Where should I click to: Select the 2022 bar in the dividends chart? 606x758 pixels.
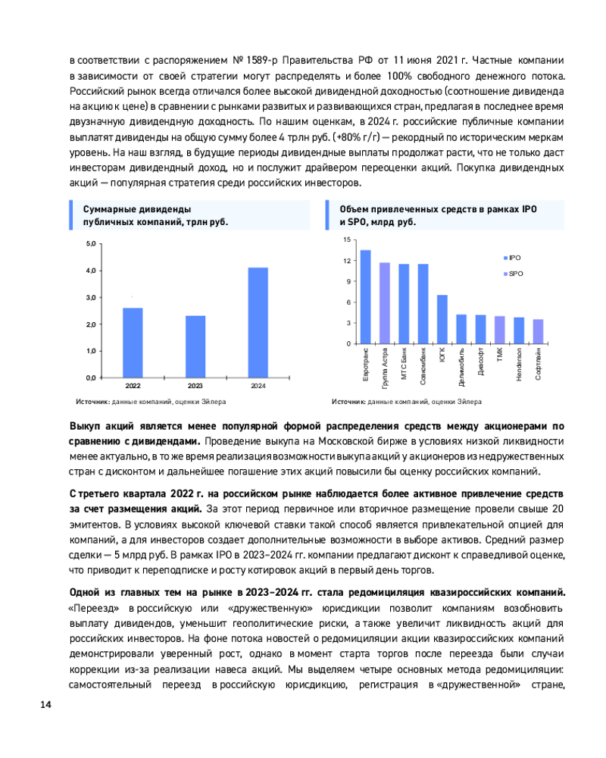(133, 342)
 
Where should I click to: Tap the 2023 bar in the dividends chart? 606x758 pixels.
(195, 346)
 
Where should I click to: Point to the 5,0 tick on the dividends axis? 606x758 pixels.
(90, 244)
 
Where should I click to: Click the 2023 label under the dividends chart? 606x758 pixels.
(195, 386)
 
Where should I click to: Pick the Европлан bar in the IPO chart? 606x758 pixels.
(365, 296)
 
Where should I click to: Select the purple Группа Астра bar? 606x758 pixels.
(385, 302)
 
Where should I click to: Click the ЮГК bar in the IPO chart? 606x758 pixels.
(442, 318)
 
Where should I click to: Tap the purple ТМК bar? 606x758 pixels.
(500, 329)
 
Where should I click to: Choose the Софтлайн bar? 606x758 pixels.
(538, 330)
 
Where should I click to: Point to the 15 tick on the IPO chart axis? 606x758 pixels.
(346, 240)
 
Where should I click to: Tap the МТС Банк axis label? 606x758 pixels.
(404, 365)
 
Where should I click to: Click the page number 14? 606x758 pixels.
(45, 706)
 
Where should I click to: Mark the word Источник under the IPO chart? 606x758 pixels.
(348, 402)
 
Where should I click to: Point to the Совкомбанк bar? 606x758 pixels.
(423, 303)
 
